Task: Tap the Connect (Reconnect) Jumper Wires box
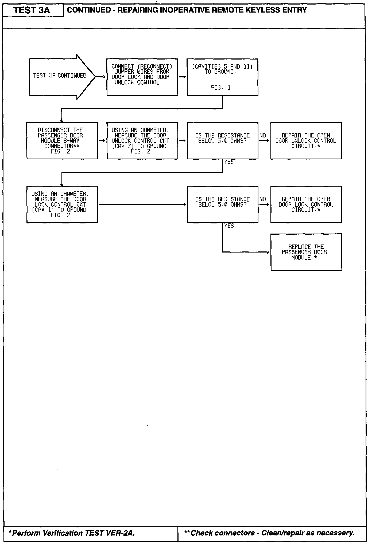pos(142,77)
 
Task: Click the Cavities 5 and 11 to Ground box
pos(222,77)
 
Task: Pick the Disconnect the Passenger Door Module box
pos(62,141)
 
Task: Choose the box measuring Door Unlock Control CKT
pos(142,141)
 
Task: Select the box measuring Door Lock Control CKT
pos(62,204)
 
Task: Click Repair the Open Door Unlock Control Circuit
pos(306,141)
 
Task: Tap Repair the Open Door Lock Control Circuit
pos(306,204)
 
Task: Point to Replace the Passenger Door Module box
pos(306,252)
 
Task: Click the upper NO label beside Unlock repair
pos(263,136)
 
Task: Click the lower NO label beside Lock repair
pos(263,199)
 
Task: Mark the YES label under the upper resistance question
pos(229,162)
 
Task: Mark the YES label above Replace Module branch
pos(229,226)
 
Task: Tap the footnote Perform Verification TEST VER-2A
pos(72,533)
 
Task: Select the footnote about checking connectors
pos(269,533)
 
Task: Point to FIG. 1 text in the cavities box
pos(221,88)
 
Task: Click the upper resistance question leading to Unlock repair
pos(222,141)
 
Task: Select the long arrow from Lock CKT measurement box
pos(142,204)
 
